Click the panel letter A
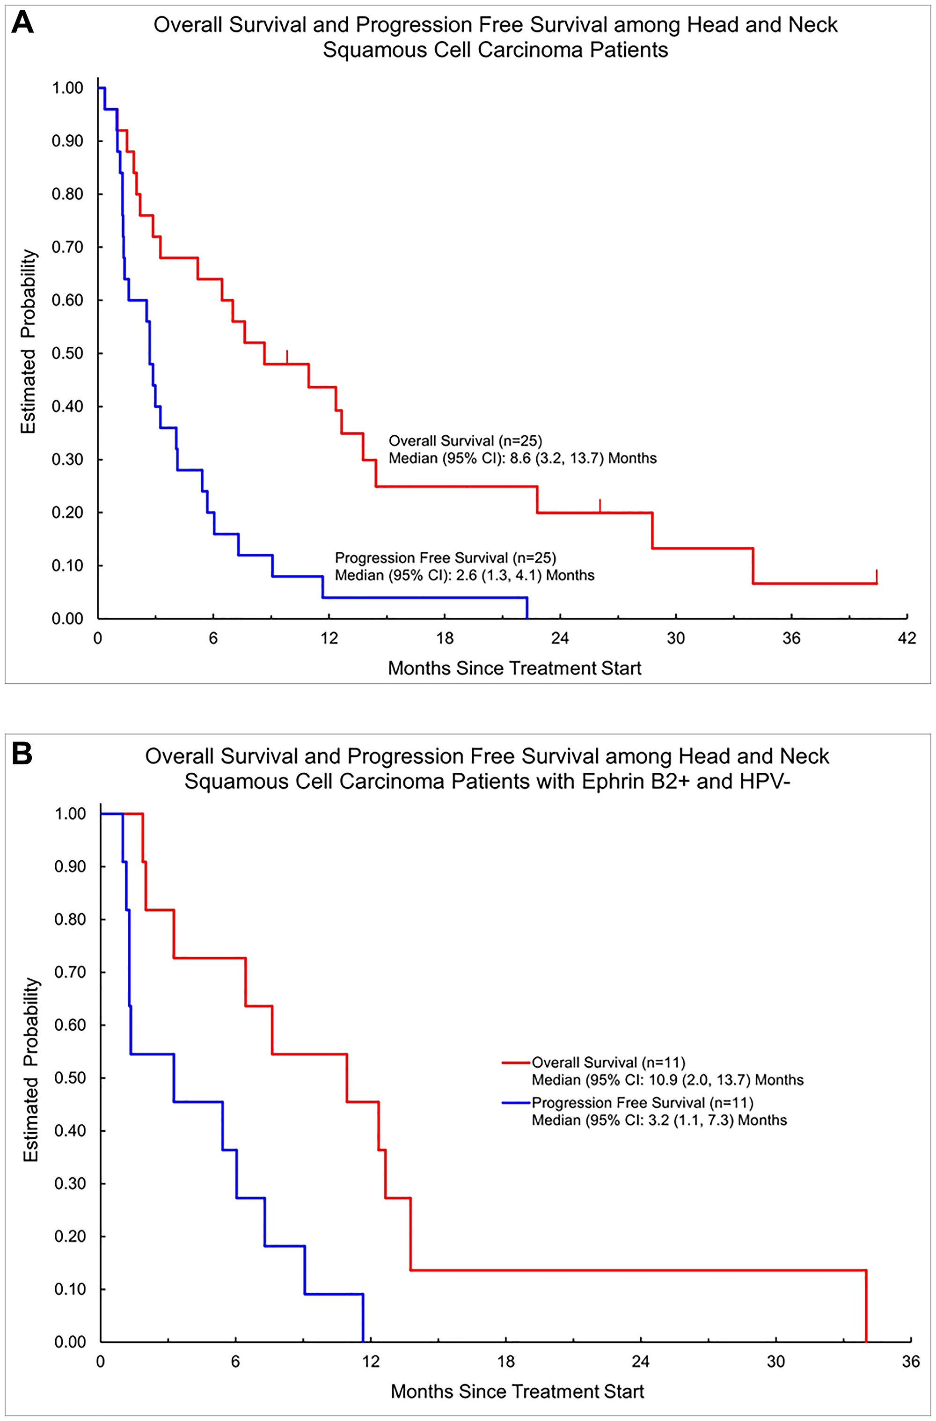pos(22,24)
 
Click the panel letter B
pos(22,754)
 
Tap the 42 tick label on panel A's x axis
pos(907,639)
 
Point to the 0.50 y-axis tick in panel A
pos(67,353)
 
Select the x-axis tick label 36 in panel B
pos(911,1362)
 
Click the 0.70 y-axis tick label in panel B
pos(70,972)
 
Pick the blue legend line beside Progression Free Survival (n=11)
pos(516,1103)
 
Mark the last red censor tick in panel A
pos(876,576)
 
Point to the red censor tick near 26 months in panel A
pos(600,505)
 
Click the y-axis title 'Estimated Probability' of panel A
pos(29,342)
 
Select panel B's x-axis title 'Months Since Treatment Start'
pos(517,1391)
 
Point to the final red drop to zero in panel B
pos(865,1308)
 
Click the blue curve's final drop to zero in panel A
pos(526,608)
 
